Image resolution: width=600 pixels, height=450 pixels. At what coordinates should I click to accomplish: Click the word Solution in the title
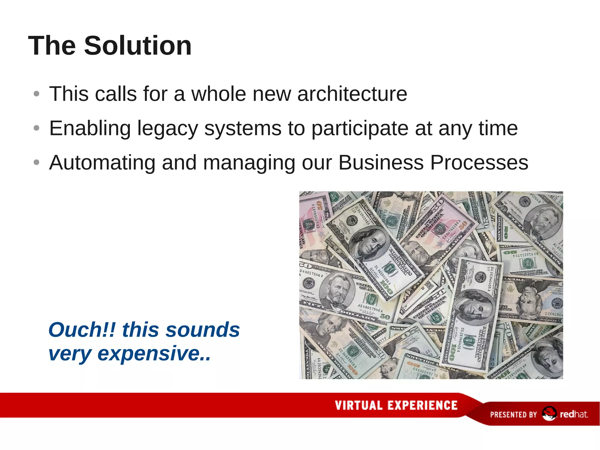click(x=138, y=46)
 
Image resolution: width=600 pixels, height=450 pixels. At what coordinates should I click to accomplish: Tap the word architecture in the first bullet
click(x=352, y=94)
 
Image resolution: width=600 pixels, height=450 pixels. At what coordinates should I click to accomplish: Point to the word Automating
click(x=102, y=163)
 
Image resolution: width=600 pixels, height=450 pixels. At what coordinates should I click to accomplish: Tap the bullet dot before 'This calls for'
click(x=36, y=94)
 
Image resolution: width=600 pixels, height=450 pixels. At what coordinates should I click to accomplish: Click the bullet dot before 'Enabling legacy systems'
click(x=36, y=128)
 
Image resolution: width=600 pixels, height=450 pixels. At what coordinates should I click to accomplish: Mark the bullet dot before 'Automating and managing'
click(x=36, y=162)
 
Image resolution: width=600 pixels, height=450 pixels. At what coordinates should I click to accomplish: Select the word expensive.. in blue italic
click(x=154, y=353)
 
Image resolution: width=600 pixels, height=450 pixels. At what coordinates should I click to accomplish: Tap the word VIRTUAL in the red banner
click(x=359, y=405)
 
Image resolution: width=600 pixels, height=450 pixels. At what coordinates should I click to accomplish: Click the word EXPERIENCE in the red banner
click(x=422, y=405)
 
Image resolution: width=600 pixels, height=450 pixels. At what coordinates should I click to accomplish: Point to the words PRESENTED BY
click(x=513, y=415)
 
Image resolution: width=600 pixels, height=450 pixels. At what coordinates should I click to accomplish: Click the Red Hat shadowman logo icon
click(x=549, y=414)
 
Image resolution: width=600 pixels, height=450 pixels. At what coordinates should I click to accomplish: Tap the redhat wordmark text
click(x=574, y=414)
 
